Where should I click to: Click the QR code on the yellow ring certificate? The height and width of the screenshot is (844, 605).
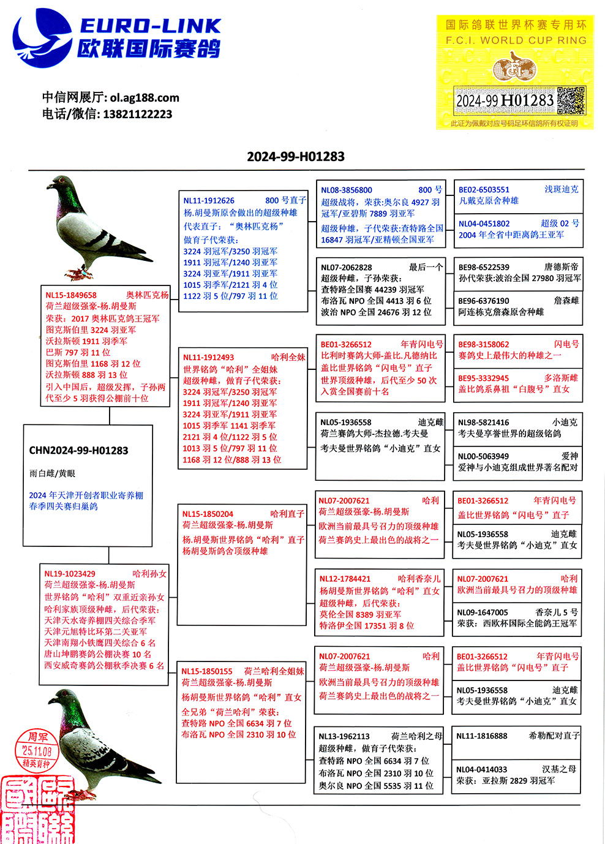click(571, 100)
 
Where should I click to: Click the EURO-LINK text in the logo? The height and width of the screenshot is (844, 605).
click(150, 26)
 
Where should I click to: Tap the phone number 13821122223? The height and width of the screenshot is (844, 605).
click(137, 114)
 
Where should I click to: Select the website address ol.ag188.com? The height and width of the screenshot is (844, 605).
click(145, 97)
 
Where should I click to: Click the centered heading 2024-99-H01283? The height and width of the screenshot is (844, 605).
click(296, 157)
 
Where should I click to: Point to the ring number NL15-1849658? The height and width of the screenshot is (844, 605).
click(71, 295)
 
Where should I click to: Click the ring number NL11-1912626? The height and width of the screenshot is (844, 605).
click(209, 200)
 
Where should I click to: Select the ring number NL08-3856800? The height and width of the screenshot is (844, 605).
click(347, 190)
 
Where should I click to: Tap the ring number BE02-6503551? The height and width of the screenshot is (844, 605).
click(484, 190)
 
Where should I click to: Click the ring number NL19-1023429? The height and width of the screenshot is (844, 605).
click(70, 574)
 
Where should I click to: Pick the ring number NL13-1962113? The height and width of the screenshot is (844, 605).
click(344, 736)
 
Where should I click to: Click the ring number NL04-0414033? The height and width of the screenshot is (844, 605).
click(481, 769)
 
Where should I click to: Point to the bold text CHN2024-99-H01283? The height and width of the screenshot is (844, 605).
click(78, 451)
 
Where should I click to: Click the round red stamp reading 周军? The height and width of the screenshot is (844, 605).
click(37, 749)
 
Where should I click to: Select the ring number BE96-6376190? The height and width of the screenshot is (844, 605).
click(484, 301)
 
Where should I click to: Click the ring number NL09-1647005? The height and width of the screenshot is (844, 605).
click(483, 612)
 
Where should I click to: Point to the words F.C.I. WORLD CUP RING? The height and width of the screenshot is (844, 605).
click(516, 40)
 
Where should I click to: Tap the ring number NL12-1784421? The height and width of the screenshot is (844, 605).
click(345, 579)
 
